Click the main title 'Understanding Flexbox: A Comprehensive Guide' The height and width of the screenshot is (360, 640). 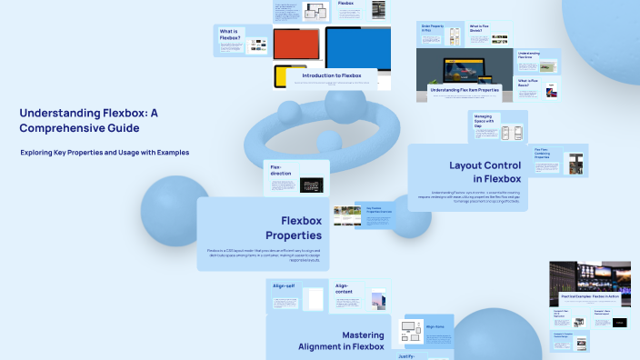tap(89, 121)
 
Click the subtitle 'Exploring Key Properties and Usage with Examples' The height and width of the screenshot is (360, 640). tap(105, 153)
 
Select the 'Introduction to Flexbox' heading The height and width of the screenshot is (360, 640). tap(332, 75)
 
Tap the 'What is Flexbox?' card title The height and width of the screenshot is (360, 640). tap(230, 35)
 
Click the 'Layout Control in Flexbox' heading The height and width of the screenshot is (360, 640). tap(485, 172)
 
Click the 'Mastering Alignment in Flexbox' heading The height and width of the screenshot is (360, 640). tap(341, 340)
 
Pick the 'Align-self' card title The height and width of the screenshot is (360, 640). tap(285, 285)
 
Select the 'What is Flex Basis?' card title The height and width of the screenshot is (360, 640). tap(528, 85)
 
